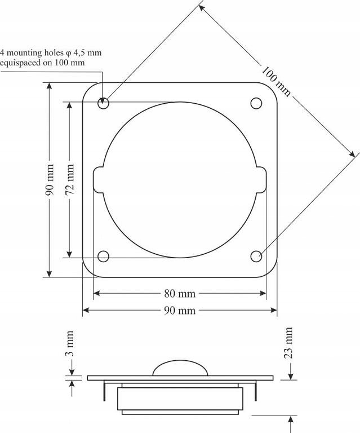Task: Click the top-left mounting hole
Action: pos(103,104)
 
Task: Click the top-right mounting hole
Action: pos(256,103)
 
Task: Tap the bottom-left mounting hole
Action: pos(103,257)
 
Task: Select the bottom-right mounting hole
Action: pos(256,257)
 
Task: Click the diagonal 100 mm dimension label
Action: pos(276,81)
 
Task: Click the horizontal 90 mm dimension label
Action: pos(179,311)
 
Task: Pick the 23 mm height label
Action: pos(288,343)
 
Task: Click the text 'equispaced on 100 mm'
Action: pos(43,63)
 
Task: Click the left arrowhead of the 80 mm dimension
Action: pos(96,294)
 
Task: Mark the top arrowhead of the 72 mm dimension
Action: pos(70,105)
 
